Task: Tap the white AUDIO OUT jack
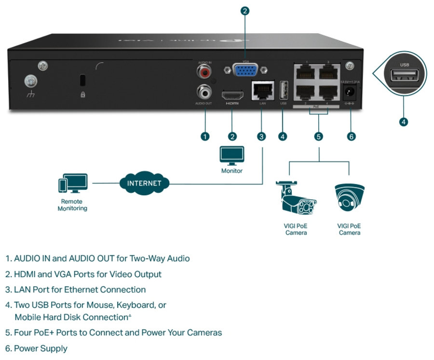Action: click(x=204, y=91)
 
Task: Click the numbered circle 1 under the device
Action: click(x=205, y=136)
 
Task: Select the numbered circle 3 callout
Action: click(x=262, y=136)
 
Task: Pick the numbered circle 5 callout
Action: click(x=318, y=136)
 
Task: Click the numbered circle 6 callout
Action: click(x=351, y=136)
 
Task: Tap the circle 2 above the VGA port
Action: click(x=245, y=11)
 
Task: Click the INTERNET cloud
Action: click(x=144, y=183)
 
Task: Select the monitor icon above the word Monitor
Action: click(x=232, y=156)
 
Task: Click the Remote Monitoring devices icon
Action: click(x=73, y=185)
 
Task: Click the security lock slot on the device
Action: click(x=83, y=80)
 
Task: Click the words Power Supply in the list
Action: click(x=41, y=348)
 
